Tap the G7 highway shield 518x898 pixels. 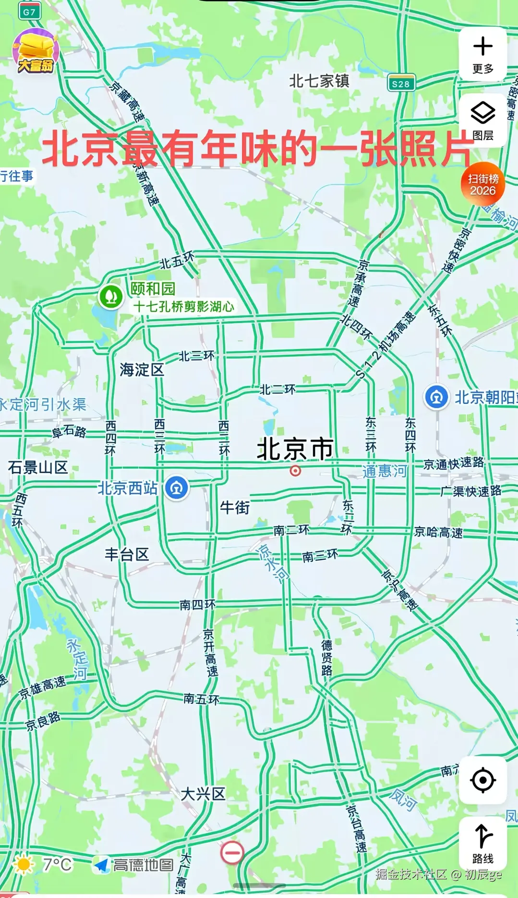click(x=29, y=12)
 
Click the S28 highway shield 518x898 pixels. click(x=401, y=84)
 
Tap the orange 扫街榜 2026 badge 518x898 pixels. click(x=482, y=185)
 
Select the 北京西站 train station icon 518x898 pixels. click(x=177, y=488)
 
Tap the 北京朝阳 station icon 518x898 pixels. click(x=436, y=397)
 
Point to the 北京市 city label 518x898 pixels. click(x=295, y=449)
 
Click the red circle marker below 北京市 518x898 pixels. click(x=295, y=471)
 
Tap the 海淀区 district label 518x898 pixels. click(x=142, y=370)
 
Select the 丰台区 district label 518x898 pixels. click(x=127, y=554)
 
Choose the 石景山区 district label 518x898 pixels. click(x=38, y=467)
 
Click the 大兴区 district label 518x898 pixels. click(x=203, y=794)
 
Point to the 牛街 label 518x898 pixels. click(x=235, y=507)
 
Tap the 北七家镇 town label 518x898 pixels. click(x=319, y=81)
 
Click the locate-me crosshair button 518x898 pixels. click(x=482, y=780)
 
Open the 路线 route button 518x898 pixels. click(x=482, y=841)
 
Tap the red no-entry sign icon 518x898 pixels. click(x=232, y=852)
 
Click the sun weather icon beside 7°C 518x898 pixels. click(x=23, y=864)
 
